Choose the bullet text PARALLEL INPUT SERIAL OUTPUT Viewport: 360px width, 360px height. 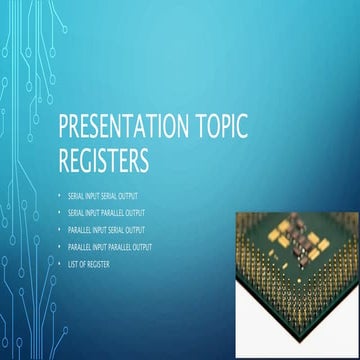(x=108, y=229)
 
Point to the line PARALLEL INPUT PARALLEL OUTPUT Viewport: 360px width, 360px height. (x=111, y=245)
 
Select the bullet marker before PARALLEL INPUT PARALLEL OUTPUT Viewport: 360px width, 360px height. (x=59, y=245)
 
